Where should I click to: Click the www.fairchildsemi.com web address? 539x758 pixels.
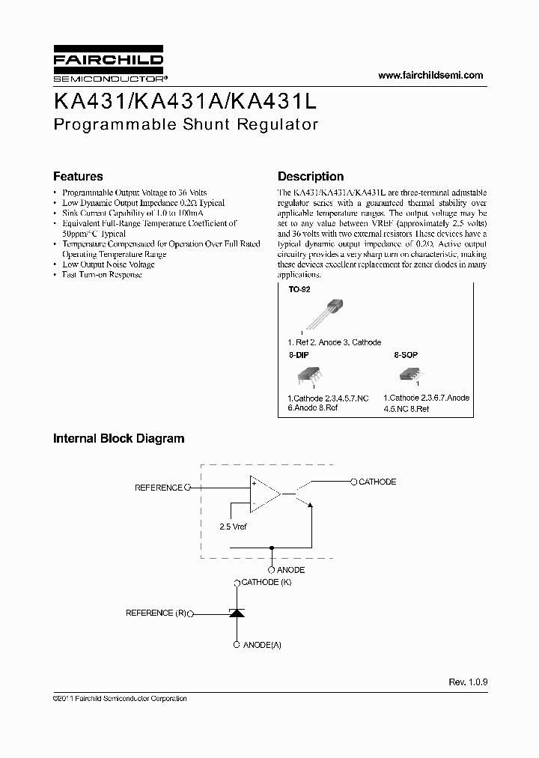point(430,75)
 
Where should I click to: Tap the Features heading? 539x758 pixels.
point(78,177)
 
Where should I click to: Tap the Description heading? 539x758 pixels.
point(311,177)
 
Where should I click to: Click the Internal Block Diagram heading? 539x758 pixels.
point(118,439)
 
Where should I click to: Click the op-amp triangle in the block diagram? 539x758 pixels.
point(264,494)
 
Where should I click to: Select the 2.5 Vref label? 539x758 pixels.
point(233,527)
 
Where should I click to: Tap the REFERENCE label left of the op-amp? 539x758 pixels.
point(158,488)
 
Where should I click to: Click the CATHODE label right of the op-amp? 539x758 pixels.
point(377,482)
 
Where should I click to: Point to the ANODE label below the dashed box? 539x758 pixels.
point(290,570)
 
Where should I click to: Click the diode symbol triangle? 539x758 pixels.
point(237,613)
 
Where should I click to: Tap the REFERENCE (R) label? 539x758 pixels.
point(156,613)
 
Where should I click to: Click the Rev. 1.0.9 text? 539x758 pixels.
point(468,682)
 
